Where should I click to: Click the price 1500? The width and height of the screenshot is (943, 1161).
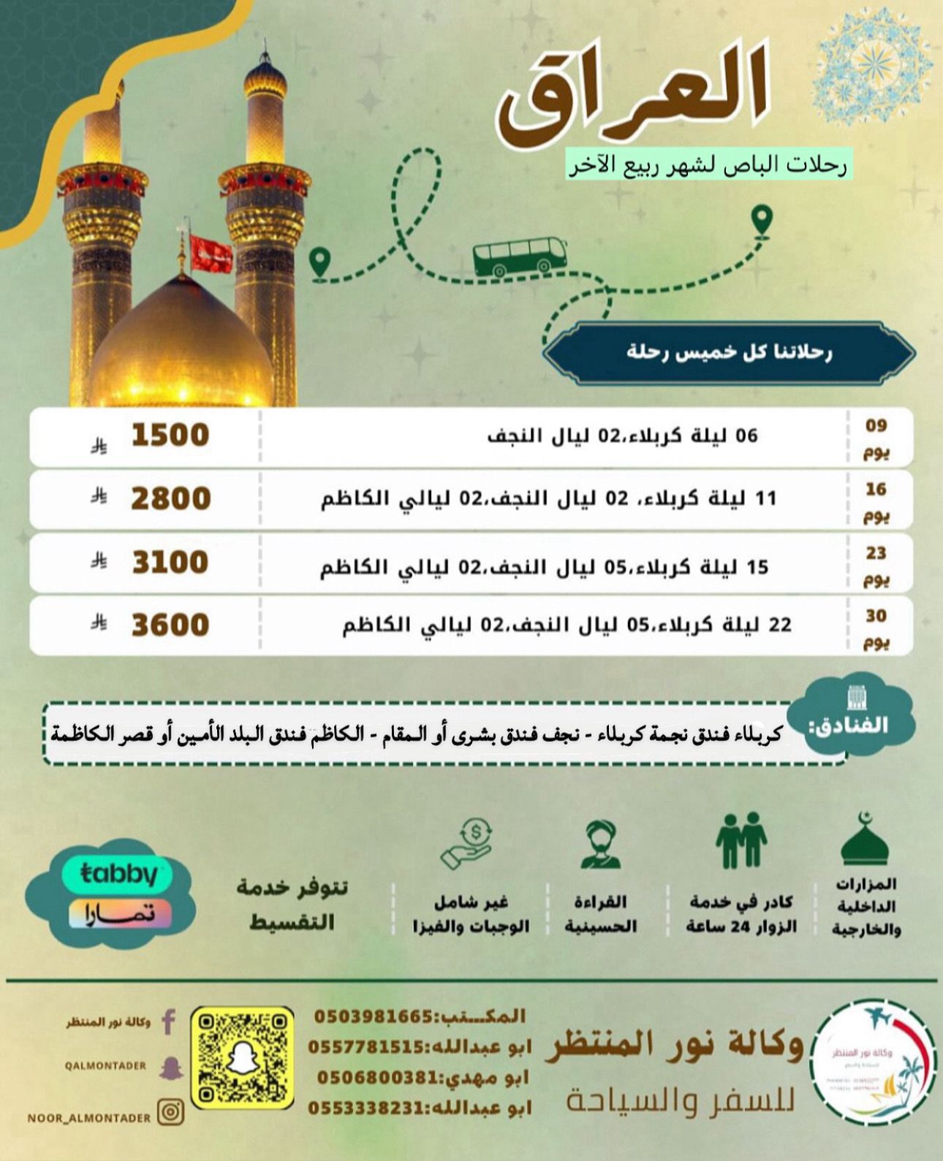coord(170,435)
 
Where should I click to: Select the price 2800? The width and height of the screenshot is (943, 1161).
coord(170,499)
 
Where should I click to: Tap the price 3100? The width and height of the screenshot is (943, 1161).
coord(170,563)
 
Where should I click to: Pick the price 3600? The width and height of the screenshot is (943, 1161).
coord(170,625)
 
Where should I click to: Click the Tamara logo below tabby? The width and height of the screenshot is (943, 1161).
coord(120,914)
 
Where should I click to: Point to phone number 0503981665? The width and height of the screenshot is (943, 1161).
coord(373,1016)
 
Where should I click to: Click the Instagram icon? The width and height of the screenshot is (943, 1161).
coord(170,1113)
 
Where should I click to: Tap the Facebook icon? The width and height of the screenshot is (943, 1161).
coord(168,1021)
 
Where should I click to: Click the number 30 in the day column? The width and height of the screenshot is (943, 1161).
coord(876,616)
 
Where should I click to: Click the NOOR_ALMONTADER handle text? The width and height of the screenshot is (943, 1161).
coord(89,1118)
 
